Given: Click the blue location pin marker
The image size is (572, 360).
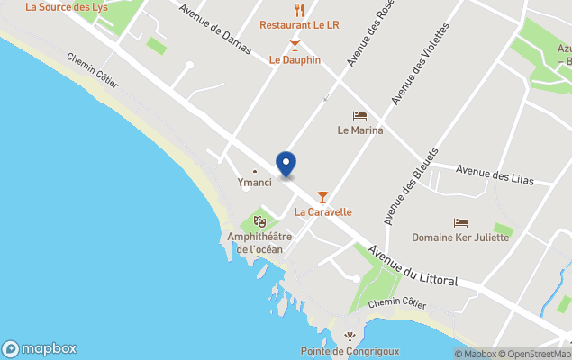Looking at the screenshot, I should click(286, 164).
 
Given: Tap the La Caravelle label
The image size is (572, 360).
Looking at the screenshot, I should click(322, 212).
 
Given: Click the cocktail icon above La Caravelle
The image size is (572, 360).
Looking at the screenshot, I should click(322, 197).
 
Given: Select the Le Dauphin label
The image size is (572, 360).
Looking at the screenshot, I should click(295, 60).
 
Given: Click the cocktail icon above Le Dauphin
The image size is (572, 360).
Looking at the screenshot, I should click(295, 44).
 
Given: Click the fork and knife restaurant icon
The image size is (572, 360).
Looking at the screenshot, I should click(300, 10).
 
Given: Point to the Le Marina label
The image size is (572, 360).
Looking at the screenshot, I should click(360, 130).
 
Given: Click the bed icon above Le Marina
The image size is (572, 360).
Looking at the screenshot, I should click(360, 115).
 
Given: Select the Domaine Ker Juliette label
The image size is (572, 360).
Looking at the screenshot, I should click(460, 238).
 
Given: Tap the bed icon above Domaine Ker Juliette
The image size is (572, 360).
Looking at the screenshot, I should click(460, 222).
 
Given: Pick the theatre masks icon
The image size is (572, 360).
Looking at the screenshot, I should click(259, 220).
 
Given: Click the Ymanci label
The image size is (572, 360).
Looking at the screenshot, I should click(254, 183).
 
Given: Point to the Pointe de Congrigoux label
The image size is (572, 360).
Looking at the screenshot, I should click(350, 351).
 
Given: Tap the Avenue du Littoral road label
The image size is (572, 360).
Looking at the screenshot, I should click(413, 265).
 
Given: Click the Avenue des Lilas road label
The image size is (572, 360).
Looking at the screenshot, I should click(495, 175).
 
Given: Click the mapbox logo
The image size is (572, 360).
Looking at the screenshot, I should click(40, 349).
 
